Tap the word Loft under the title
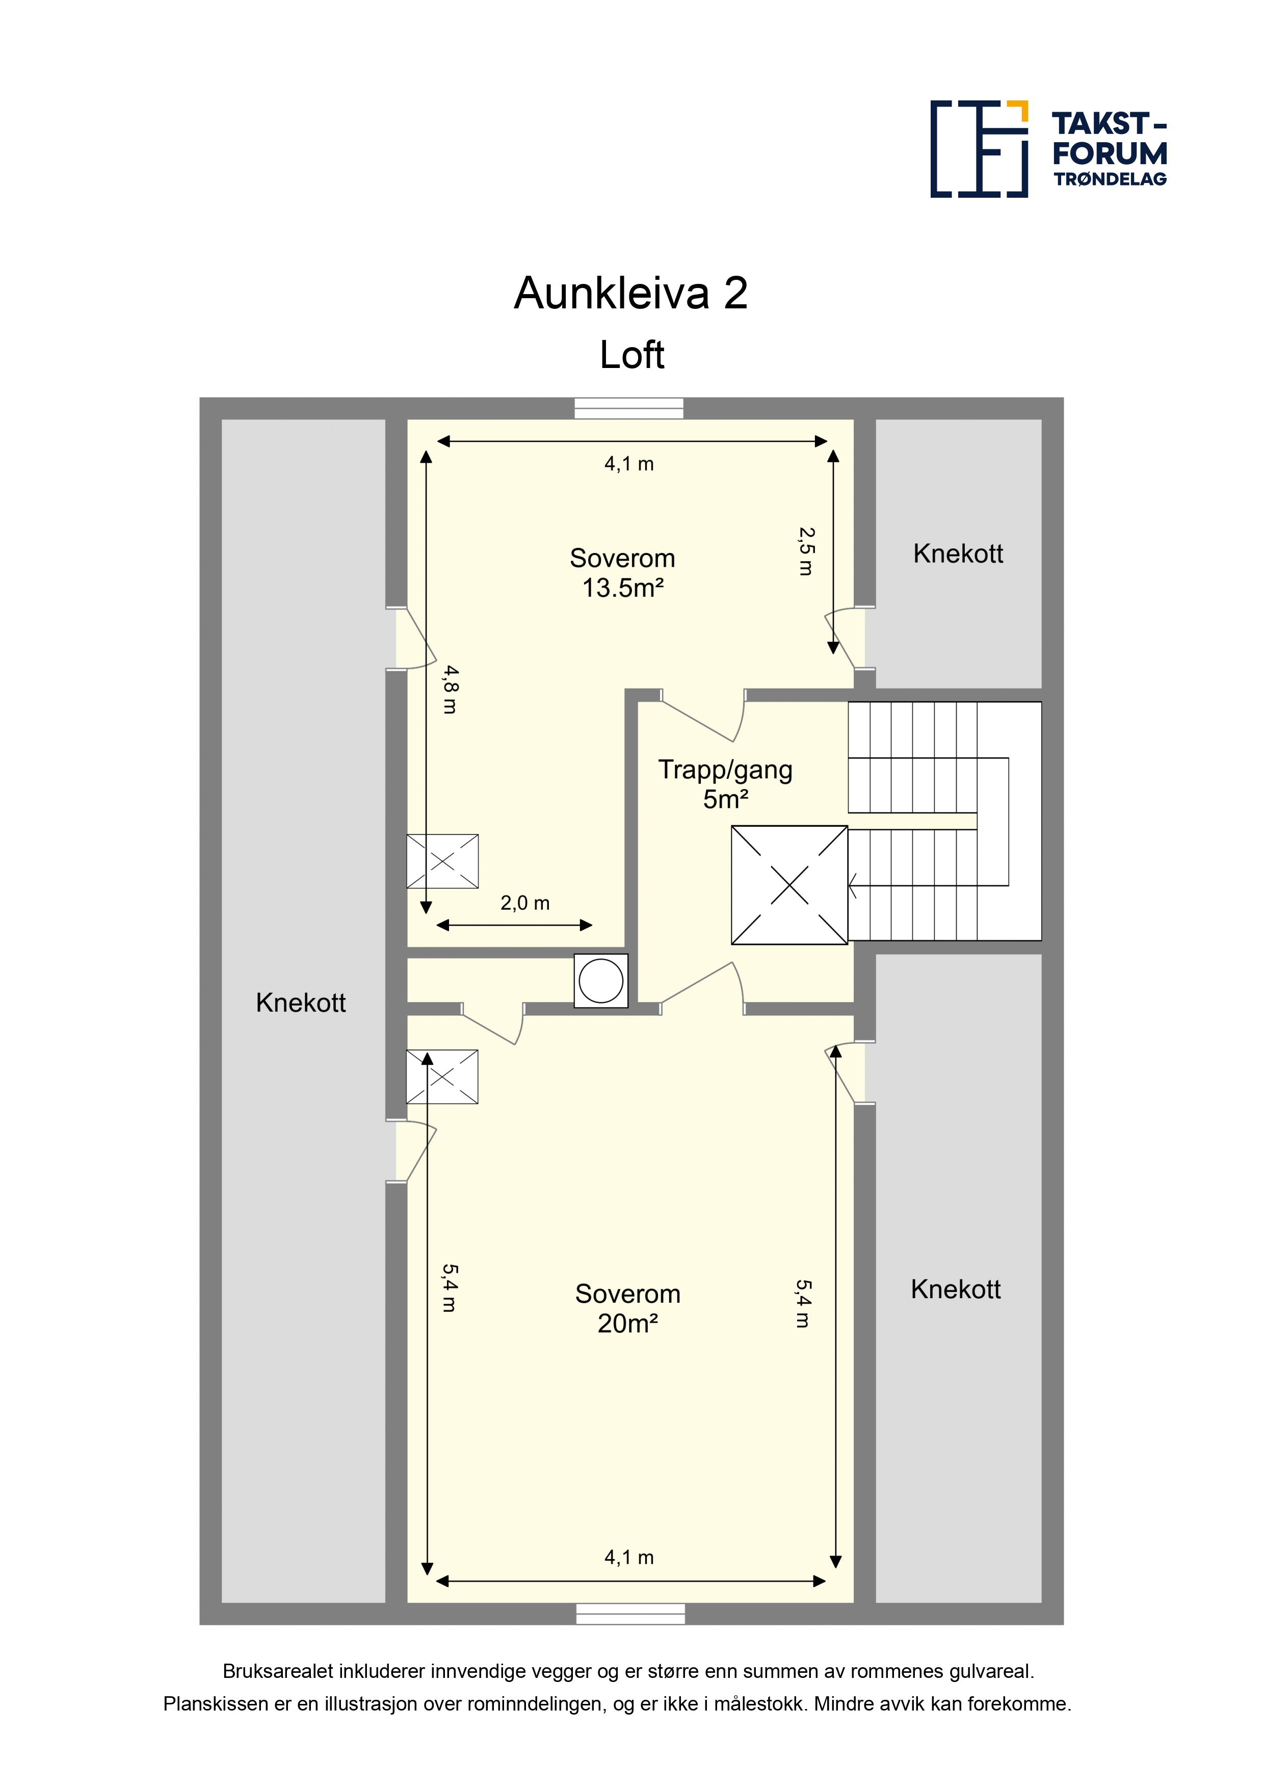tap(631, 355)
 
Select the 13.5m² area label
tap(623, 588)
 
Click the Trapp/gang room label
tap(725, 770)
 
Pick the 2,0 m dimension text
tap(525, 903)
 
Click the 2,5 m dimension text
tap(806, 551)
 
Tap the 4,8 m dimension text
tap(450, 689)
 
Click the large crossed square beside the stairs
tap(789, 885)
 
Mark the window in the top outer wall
tap(628, 408)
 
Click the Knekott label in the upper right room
tap(958, 554)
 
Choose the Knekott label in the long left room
tap(301, 1002)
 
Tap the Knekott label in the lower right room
tap(956, 1289)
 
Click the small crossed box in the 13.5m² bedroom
tap(442, 861)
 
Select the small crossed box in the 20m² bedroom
tap(442, 1077)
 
